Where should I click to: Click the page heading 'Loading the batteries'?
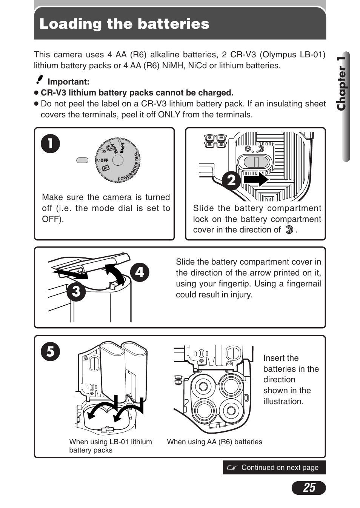coord(124,24)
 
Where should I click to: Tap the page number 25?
coord(309,488)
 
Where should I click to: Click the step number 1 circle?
coord(51,143)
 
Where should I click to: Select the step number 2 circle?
coord(231,180)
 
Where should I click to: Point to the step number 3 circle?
coord(76,291)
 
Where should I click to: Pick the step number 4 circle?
coord(140,272)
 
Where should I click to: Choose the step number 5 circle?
coord(51,352)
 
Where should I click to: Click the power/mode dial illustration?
coord(118,160)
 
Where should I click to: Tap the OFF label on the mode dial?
coord(104,160)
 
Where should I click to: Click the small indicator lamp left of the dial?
coord(82,160)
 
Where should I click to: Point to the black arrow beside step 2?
coord(256,179)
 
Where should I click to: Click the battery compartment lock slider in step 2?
coord(256,162)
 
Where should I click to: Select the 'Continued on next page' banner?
coord(274,467)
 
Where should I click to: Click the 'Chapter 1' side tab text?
coord(342,84)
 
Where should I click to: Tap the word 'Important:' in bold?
coord(68,82)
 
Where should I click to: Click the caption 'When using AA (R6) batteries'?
coord(214,442)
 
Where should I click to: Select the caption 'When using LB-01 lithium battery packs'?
coord(110,446)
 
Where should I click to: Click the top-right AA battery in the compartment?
coord(231,386)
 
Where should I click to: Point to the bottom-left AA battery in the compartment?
coord(204,410)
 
